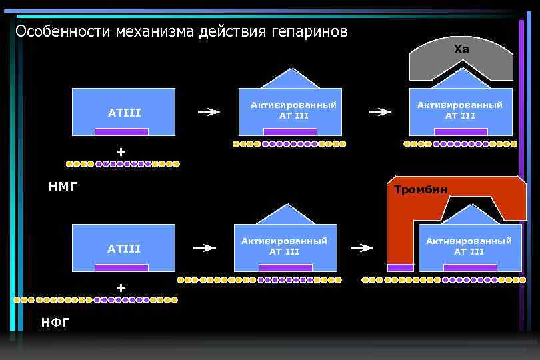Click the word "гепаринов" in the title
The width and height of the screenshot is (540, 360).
point(309,32)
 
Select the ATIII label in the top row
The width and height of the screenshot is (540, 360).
point(124,113)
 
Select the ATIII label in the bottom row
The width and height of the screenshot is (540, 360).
point(124,249)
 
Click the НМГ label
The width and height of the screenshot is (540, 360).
point(63,187)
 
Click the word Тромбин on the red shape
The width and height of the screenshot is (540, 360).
point(420,190)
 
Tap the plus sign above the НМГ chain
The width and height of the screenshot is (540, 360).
point(121,152)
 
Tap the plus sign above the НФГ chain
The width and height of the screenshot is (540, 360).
point(121,288)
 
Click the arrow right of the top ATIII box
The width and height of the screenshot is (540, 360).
point(209,112)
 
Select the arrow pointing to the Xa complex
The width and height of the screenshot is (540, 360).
point(380,112)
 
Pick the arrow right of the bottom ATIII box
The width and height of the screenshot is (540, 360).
point(205,248)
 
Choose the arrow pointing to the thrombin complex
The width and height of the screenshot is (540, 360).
point(362,248)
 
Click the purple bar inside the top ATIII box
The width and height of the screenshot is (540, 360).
point(121,132)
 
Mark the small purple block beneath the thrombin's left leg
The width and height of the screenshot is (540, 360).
point(400,268)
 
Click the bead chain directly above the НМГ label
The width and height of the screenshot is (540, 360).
point(123,164)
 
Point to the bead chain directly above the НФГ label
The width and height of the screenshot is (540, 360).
point(97,300)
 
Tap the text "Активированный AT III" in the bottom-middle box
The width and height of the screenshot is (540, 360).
point(285,246)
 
